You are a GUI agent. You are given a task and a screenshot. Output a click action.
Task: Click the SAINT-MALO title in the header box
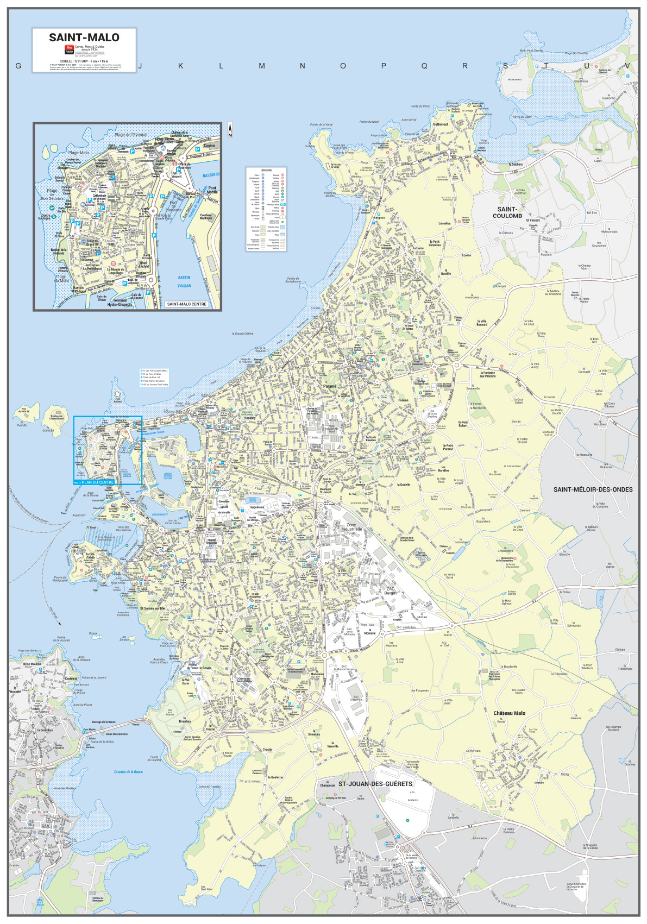[84, 37]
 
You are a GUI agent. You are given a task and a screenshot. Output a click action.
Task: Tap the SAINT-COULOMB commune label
[507, 212]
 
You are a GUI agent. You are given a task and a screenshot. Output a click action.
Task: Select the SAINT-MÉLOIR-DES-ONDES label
[593, 489]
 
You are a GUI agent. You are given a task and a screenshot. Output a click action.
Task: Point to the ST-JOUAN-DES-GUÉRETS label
[375, 784]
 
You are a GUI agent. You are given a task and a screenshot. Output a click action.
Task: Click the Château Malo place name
[509, 713]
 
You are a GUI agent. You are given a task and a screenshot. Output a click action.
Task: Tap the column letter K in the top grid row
[180, 66]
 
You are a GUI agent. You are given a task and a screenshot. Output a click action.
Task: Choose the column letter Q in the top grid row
[424, 66]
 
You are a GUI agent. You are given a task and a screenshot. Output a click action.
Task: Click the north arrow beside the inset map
[230, 129]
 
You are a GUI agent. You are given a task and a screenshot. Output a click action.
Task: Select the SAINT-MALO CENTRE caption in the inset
[186, 304]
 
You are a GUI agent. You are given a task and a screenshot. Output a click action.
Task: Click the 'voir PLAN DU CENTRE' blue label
[94, 482]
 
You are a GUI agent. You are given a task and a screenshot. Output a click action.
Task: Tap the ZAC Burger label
[391, 591]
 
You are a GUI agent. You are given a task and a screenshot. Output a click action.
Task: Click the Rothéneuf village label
[441, 124]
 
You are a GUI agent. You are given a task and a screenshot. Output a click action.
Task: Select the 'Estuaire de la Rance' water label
[128, 771]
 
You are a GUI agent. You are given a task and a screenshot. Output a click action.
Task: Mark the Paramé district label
[330, 386]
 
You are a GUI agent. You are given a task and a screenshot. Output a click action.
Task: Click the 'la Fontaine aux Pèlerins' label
[487, 374]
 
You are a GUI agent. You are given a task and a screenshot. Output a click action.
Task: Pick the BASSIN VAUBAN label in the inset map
[184, 281]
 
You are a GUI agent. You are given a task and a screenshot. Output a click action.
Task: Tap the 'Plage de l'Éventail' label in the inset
[131, 134]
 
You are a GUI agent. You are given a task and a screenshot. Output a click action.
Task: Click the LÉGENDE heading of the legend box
[266, 171]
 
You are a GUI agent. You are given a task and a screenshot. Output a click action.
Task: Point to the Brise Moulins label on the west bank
[32, 664]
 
